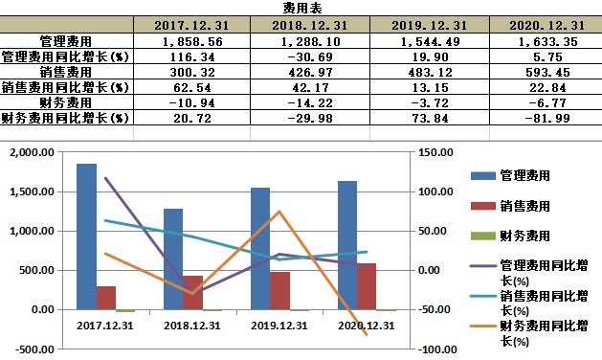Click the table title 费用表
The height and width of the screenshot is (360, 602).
click(301, 8)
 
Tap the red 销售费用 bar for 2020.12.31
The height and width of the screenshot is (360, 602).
click(367, 286)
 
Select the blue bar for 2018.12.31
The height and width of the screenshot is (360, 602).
click(173, 259)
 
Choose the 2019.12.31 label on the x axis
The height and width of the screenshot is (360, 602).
click(279, 326)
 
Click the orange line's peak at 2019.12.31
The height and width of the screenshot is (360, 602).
click(279, 211)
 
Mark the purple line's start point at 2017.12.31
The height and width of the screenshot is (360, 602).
click(105, 178)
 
